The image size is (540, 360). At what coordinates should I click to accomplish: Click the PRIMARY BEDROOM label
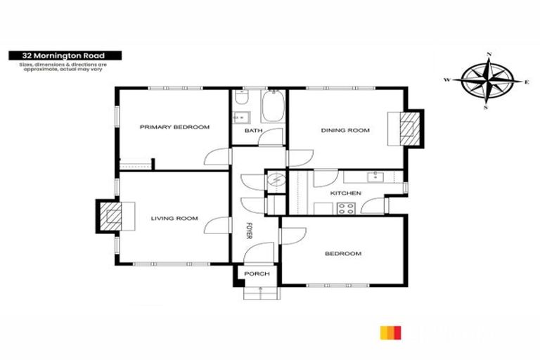click(174, 127)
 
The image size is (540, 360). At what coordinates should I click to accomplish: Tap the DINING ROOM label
click(345, 131)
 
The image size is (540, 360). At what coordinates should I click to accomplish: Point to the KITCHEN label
click(345, 193)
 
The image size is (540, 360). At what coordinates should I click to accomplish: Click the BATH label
click(253, 131)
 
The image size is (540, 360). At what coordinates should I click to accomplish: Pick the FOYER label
click(248, 231)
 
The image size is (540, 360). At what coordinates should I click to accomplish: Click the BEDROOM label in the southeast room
click(344, 254)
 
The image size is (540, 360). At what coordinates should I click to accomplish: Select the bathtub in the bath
click(271, 110)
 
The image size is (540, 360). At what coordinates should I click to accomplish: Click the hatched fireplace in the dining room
click(407, 129)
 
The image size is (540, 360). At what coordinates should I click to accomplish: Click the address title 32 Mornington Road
click(64, 55)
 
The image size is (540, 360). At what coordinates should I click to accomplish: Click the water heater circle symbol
click(276, 181)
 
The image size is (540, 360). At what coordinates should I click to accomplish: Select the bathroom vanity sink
click(240, 117)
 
